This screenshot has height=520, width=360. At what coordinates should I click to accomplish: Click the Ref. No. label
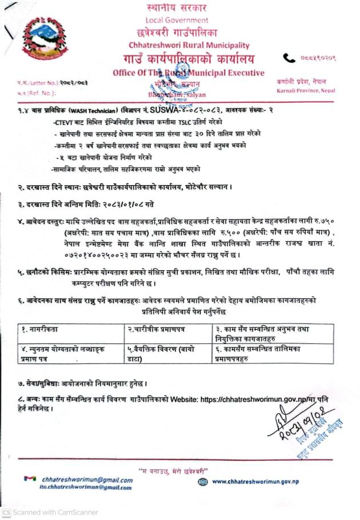tap(28, 91)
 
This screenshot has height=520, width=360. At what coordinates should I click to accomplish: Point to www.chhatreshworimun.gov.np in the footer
tap(255, 482)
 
